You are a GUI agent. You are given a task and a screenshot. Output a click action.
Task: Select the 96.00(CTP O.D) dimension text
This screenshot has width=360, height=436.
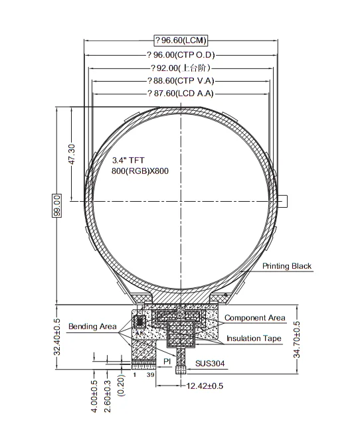[x=181, y=54]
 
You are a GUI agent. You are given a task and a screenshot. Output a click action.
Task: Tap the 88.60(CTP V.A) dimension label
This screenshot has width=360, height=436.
[x=181, y=80]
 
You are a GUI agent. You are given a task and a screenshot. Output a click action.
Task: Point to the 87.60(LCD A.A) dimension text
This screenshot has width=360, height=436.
[x=181, y=94]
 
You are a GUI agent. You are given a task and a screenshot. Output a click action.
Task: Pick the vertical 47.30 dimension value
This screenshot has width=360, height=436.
[x=72, y=156]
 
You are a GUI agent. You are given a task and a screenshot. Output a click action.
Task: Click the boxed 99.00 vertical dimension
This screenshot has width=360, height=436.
[x=57, y=205]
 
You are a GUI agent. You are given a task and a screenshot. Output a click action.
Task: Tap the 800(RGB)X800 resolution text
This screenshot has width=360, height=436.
[x=139, y=171]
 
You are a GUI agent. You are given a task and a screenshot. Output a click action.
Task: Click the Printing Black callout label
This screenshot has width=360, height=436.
[x=286, y=266]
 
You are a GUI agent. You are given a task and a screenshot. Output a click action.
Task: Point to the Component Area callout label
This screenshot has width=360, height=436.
[x=254, y=318]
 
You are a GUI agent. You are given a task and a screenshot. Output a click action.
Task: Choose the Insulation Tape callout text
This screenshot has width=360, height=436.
[x=254, y=338]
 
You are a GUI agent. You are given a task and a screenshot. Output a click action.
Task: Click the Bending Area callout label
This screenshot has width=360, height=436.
[x=92, y=326]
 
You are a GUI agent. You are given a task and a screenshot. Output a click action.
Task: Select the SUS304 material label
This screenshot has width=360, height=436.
[x=209, y=364]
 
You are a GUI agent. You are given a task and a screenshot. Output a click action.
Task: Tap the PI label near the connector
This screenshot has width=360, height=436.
[x=168, y=360]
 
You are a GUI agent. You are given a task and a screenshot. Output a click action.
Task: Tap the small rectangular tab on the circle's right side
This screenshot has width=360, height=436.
[x=284, y=201]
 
